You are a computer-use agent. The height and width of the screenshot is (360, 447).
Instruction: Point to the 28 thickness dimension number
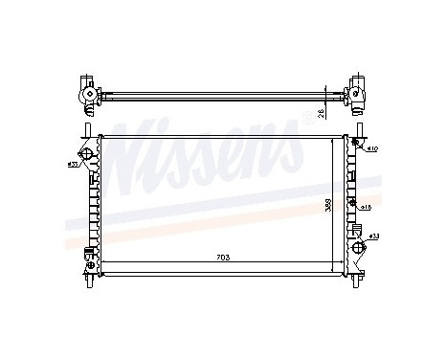coord(335,113)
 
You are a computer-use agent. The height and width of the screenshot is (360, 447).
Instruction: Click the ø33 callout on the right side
coord(373,236)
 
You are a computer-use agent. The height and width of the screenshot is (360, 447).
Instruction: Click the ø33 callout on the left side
coord(72,165)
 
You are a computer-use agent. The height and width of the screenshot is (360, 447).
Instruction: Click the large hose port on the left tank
coord(87,155)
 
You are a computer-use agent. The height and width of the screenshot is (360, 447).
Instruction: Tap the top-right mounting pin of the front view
coord(359,128)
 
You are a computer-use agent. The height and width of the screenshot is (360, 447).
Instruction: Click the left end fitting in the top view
coord(83,93)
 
